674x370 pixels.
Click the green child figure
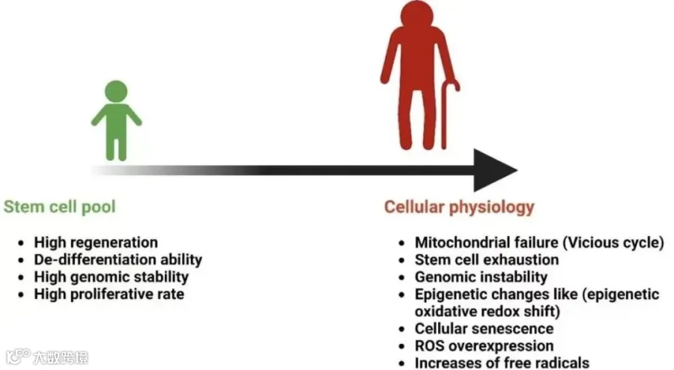[116, 123]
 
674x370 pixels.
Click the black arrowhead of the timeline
[494, 170]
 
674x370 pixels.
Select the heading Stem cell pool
[60, 206]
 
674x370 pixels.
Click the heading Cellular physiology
[459, 206]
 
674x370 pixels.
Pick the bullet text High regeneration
[96, 243]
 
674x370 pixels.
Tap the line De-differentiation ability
[118, 260]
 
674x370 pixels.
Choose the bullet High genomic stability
[111, 277]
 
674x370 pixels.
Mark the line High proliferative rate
[109, 295]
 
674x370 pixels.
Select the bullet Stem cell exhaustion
[487, 260]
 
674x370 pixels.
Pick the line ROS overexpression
[484, 346]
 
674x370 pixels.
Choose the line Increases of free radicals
[502, 363]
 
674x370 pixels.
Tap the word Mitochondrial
[463, 243]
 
